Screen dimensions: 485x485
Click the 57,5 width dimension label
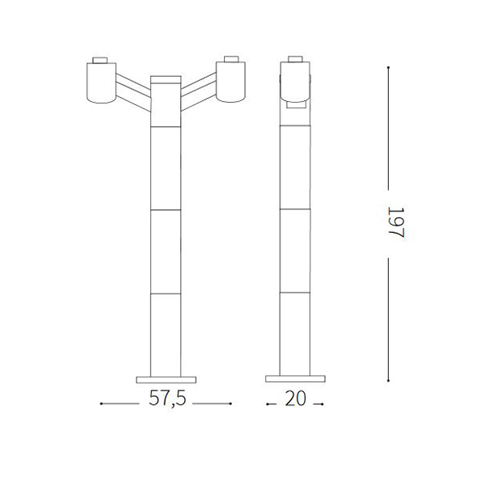click(x=167, y=398)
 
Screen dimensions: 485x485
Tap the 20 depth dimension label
click(x=295, y=399)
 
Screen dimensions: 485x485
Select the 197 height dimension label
click(x=396, y=223)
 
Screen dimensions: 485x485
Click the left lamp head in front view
click(x=101, y=83)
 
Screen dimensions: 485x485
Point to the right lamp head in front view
click(x=230, y=82)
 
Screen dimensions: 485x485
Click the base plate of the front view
click(x=166, y=380)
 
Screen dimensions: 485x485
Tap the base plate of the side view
click(x=295, y=379)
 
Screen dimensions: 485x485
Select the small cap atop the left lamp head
click(x=100, y=61)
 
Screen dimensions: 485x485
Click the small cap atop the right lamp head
click(x=231, y=59)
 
